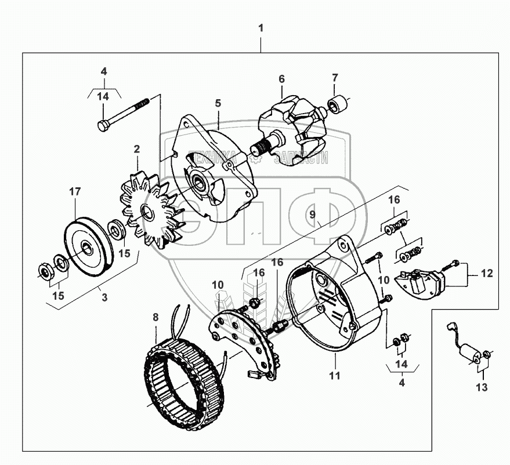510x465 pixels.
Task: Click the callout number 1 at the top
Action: click(261, 28)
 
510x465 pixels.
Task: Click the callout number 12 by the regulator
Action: click(487, 274)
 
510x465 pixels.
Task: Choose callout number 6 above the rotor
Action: click(281, 78)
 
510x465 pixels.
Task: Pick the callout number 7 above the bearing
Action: click(335, 77)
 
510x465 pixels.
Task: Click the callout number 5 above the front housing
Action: click(218, 103)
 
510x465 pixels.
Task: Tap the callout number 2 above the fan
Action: click(137, 149)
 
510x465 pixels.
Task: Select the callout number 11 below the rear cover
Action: click(334, 375)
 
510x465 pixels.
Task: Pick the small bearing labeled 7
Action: click(338, 105)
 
